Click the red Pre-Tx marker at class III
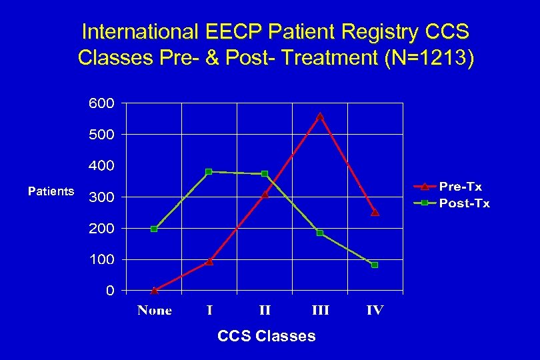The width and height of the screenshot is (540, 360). (x=320, y=116)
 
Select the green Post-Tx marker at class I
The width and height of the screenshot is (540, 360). (x=209, y=171)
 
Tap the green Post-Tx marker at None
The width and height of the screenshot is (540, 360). (x=154, y=229)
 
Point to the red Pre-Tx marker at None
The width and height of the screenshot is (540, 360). (x=154, y=290)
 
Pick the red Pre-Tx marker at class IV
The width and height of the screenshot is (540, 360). (x=375, y=213)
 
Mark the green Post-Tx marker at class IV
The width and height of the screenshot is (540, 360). (x=375, y=265)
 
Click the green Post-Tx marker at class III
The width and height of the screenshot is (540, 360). (x=320, y=233)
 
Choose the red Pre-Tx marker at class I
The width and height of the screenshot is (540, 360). (x=209, y=261)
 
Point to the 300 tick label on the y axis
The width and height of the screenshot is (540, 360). (x=101, y=197)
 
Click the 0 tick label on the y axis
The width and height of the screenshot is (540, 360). (x=109, y=291)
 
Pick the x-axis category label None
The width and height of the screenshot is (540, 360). (x=154, y=311)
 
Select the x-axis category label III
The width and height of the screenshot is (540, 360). (x=320, y=311)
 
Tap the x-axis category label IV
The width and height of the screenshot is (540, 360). (x=375, y=311)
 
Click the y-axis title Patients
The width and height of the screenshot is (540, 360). (x=51, y=191)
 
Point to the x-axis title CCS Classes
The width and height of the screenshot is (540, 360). (x=266, y=336)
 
